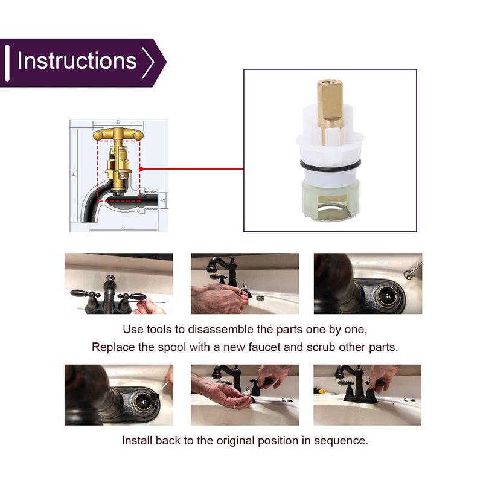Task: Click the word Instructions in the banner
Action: tap(77, 61)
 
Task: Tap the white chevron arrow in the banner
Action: tap(148, 63)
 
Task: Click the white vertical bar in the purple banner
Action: tap(7, 63)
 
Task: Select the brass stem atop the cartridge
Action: tap(330, 111)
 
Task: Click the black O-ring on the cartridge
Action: tap(330, 165)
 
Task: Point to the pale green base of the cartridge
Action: tap(330, 200)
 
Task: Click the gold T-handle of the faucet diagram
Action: tap(118, 135)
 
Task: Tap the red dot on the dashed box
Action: tap(141, 169)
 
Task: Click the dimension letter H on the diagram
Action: tap(74, 174)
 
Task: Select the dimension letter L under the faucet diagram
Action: tap(124, 226)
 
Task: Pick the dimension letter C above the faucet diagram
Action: tap(118, 123)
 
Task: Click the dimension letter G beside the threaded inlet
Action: tap(163, 200)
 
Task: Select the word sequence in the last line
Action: tap(341, 441)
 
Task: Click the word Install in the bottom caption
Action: tap(137, 440)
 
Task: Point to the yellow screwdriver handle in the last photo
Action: tap(320, 391)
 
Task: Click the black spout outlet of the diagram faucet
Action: tap(89, 219)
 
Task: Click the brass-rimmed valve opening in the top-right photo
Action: tap(386, 296)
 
